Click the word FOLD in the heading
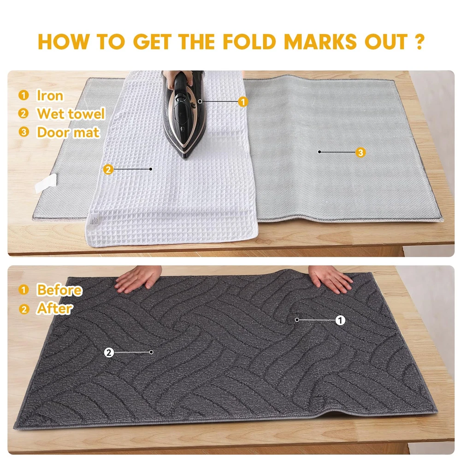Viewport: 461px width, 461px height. (x=249, y=41)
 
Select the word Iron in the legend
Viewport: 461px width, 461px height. (x=50, y=95)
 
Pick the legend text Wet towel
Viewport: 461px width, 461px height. (x=71, y=114)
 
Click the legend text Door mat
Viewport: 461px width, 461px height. (x=68, y=132)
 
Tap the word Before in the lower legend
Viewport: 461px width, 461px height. (x=59, y=290)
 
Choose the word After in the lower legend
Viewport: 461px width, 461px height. (x=55, y=309)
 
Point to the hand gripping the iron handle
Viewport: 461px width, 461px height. (x=177, y=77)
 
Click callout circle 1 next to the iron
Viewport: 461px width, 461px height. (x=243, y=102)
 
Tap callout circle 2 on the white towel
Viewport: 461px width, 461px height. (x=108, y=169)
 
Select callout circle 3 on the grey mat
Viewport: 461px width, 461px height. (x=361, y=152)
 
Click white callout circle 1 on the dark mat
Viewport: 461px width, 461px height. (x=340, y=320)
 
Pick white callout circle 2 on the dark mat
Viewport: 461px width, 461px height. (x=109, y=353)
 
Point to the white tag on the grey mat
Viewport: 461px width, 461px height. (x=46, y=183)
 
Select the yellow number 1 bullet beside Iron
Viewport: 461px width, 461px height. (x=24, y=95)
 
